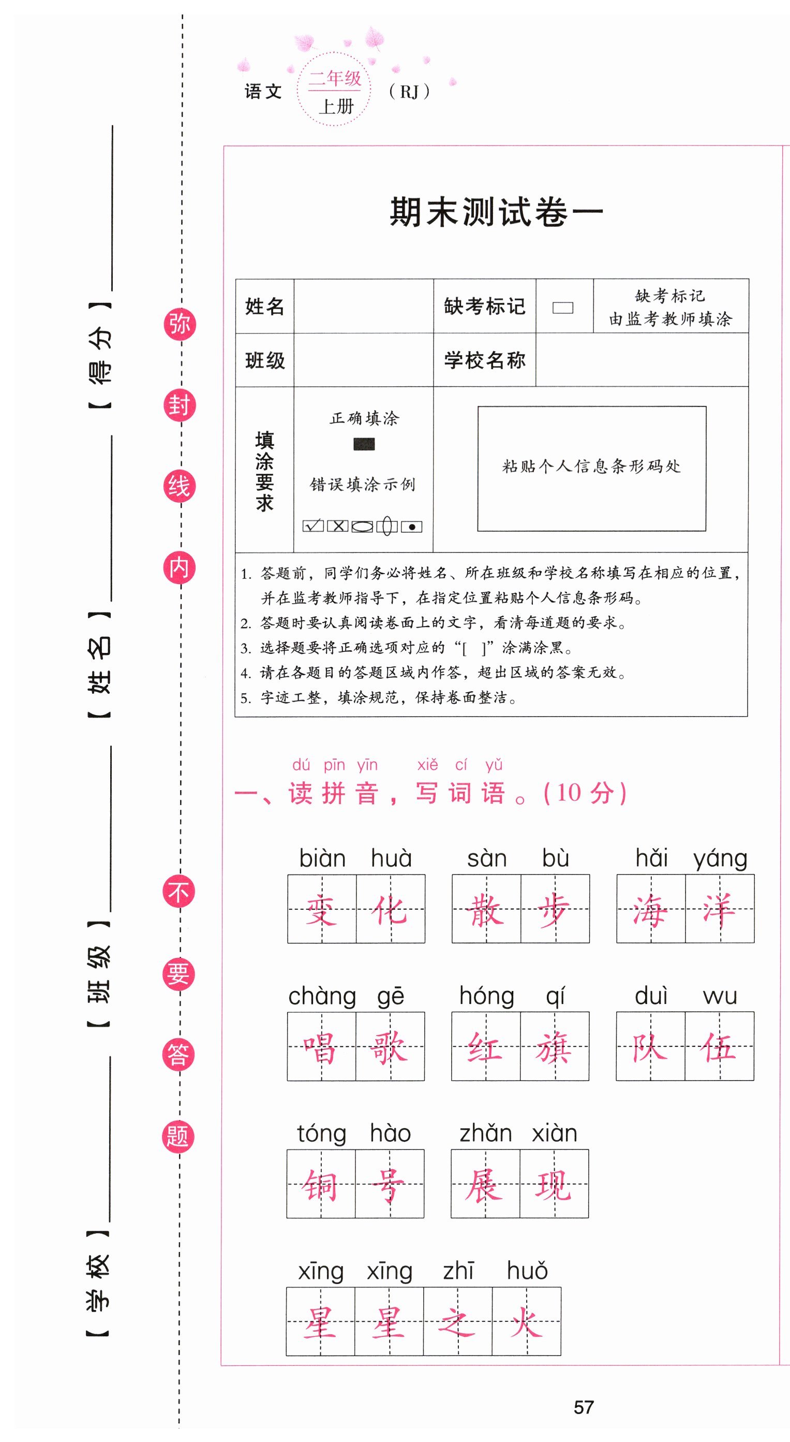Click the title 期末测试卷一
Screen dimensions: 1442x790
496,213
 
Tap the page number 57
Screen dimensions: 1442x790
584,1407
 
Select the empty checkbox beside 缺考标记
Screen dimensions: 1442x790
563,308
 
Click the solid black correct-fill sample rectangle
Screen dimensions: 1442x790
364,444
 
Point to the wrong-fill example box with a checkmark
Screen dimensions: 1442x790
313,526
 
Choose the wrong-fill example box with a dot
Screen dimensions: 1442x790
412,527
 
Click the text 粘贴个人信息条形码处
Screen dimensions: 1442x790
591,467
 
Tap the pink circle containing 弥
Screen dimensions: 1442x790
180,324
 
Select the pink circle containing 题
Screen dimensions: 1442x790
178,1137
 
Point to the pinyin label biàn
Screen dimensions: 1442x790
322,858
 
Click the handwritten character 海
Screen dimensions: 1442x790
651,909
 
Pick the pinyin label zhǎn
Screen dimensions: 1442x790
485,1133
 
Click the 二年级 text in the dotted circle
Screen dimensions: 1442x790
335,78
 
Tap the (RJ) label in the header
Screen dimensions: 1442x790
409,92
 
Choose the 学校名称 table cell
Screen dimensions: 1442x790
485,360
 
